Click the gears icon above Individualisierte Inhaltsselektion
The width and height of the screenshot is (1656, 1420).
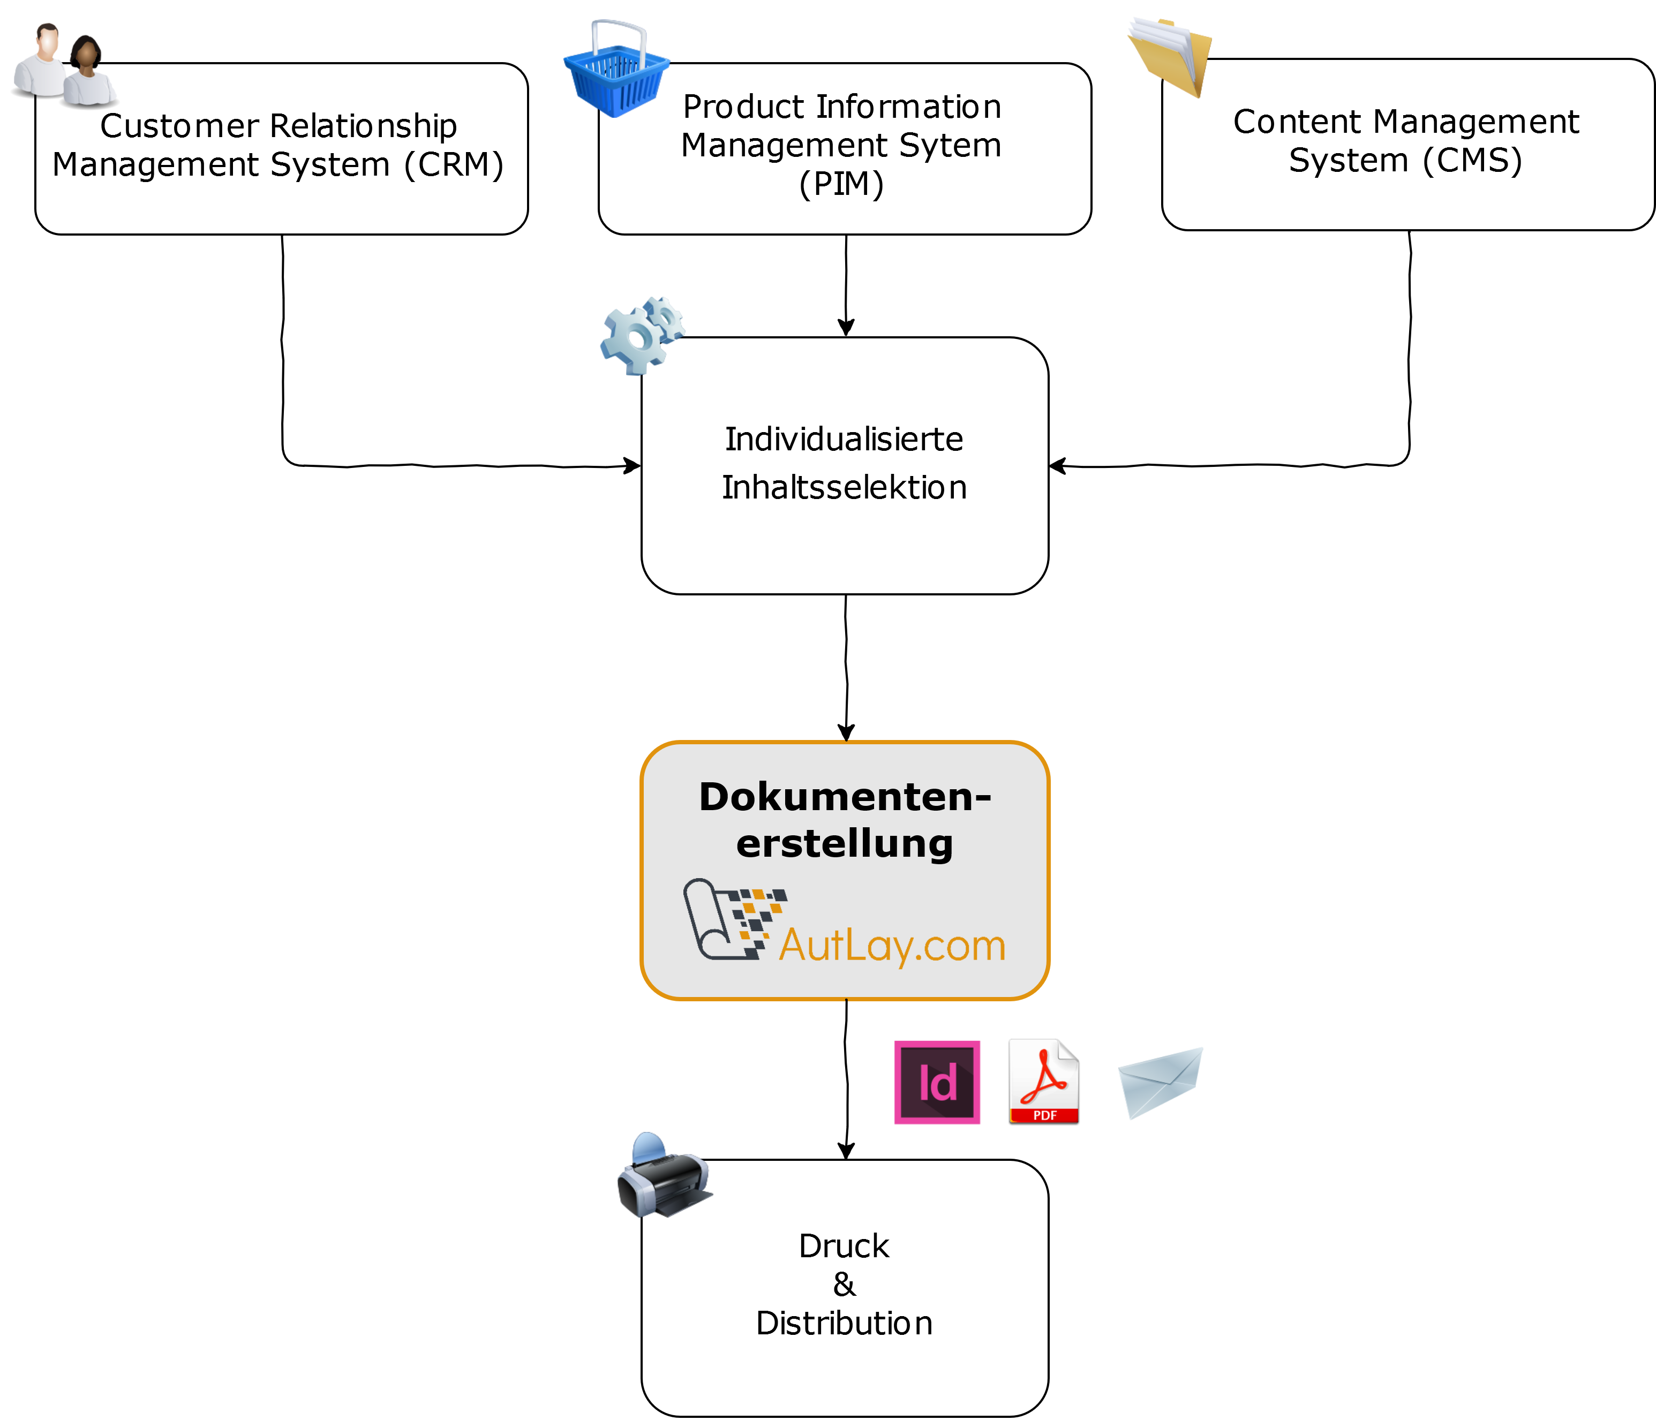(641, 335)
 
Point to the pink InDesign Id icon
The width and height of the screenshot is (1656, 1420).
(937, 1082)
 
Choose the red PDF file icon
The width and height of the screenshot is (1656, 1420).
(1044, 1081)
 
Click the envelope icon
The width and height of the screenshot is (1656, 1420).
(1161, 1082)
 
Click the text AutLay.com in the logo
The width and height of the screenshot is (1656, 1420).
(892, 946)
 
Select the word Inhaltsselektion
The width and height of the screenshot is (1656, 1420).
(844, 487)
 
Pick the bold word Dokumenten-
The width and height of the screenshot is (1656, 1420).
(845, 797)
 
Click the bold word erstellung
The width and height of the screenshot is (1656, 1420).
(845, 844)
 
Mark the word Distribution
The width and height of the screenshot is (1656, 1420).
(844, 1323)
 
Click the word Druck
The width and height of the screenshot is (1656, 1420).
(844, 1247)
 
